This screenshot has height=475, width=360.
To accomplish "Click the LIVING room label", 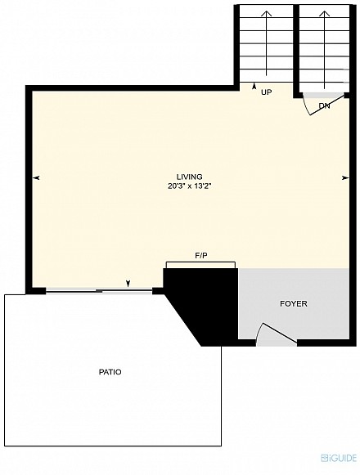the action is [189, 177].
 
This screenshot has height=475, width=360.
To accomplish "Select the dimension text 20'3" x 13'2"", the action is [189, 186].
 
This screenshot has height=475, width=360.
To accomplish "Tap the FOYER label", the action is [293, 303].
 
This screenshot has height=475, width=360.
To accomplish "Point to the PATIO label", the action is [110, 372].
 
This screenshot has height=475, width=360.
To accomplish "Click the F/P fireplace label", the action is [201, 256].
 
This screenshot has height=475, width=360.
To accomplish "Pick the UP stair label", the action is [266, 92].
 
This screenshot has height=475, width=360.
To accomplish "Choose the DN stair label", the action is [324, 106].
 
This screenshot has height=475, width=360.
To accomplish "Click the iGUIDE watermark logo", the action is [339, 458].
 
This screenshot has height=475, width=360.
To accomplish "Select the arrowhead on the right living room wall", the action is [345, 178].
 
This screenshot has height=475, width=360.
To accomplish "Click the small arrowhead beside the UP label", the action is [254, 87].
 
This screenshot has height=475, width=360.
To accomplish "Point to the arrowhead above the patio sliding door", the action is [128, 284].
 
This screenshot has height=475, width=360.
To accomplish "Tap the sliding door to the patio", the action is [98, 291].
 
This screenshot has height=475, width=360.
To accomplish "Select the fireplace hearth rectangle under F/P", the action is [200, 265].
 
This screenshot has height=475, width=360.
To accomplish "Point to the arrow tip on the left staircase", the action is [267, 11].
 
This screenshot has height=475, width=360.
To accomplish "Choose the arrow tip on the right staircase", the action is [325, 11].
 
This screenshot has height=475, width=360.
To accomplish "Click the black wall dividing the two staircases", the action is [296, 50].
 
